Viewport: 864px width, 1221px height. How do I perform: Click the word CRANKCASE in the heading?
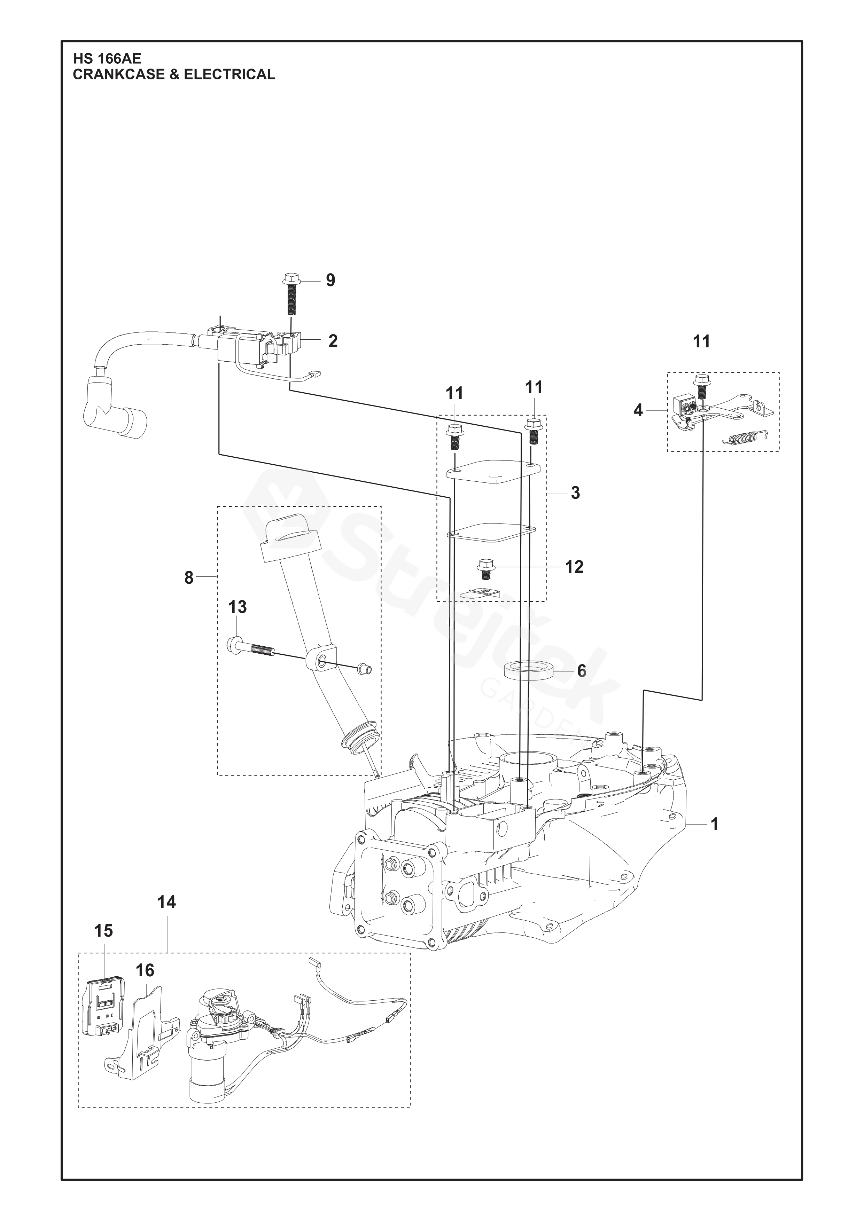pos(118,74)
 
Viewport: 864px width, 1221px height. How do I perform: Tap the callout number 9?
pos(330,280)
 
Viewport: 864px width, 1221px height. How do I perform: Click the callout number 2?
pos(333,341)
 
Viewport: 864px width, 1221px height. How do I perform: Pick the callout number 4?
pos(638,411)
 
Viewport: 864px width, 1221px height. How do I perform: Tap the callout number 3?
pos(575,493)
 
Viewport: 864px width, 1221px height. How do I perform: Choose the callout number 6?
pos(582,671)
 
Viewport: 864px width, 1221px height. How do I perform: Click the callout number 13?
pos(238,607)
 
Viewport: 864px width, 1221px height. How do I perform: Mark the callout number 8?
pos(189,577)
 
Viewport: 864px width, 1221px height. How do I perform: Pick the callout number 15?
pos(104,931)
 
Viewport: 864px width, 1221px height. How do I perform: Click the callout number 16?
pos(145,971)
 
